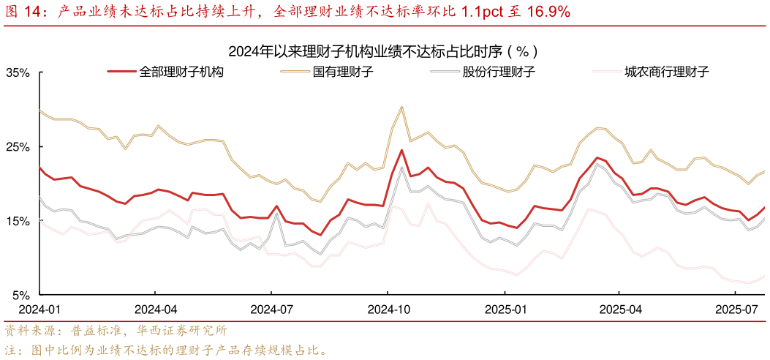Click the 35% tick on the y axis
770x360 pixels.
tap(18, 73)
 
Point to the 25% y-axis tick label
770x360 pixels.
tap(18, 147)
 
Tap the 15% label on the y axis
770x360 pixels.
tap(18, 221)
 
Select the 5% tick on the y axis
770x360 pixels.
tap(20, 295)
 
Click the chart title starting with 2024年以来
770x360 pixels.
tap(384, 51)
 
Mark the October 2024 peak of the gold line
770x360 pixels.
tap(402, 107)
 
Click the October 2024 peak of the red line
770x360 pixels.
tap(402, 150)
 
